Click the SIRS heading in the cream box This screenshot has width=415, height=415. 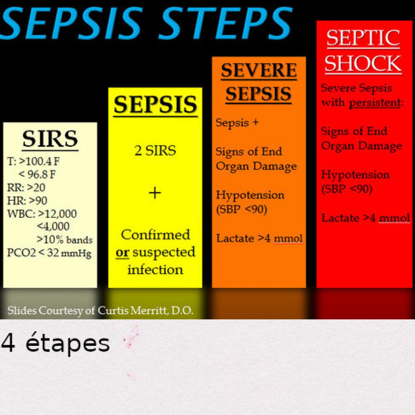pyautogui.click(x=50, y=139)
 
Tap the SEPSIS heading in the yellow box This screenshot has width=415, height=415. pyautogui.click(x=155, y=105)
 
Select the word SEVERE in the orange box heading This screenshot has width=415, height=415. pyautogui.click(x=259, y=70)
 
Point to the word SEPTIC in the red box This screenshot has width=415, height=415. pyautogui.click(x=363, y=38)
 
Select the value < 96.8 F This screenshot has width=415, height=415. pyautogui.click(x=37, y=174)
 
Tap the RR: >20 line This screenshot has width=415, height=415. pyautogui.click(x=26, y=187)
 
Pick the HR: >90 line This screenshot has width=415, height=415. pyautogui.click(x=27, y=201)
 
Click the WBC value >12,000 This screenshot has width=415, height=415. pyautogui.click(x=57, y=214)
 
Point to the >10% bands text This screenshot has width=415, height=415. pyautogui.click(x=65, y=239)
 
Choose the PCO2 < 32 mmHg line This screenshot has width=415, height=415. pyautogui.click(x=49, y=253)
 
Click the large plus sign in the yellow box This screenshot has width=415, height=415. pyautogui.click(x=155, y=193)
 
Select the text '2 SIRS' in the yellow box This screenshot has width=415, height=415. pyautogui.click(x=155, y=150)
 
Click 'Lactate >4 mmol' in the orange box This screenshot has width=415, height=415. pyautogui.click(x=259, y=238)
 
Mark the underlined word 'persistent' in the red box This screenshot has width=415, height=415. pyautogui.click(x=375, y=102)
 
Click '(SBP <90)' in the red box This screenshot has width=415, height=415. pyautogui.click(x=347, y=189)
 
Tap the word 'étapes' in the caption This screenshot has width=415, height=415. pyautogui.click(x=68, y=344)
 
